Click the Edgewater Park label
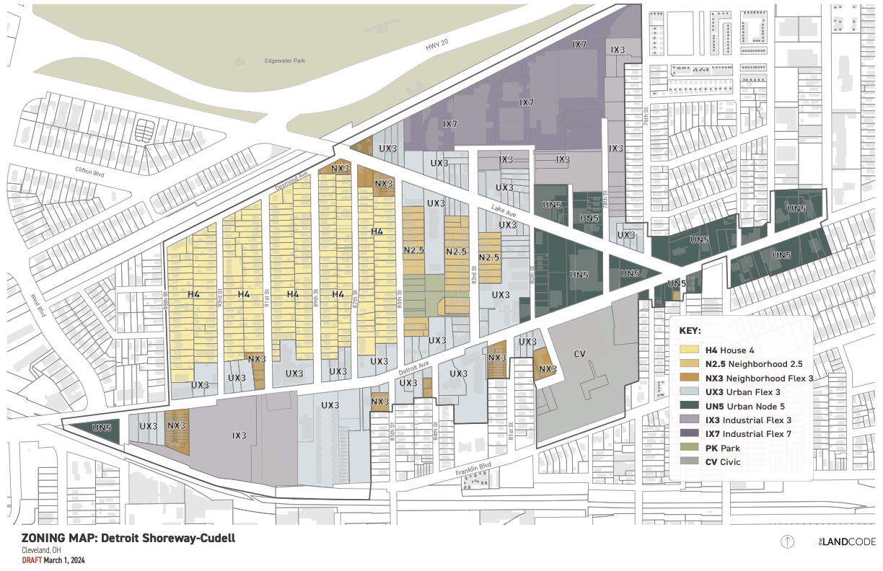284,61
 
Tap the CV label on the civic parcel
579,353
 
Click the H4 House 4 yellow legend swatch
692,350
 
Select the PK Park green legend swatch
692,448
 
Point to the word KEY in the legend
691,330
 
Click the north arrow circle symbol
787,541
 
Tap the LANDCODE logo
846,541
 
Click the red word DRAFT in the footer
31,560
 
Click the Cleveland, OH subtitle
41,550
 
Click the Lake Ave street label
495,212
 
